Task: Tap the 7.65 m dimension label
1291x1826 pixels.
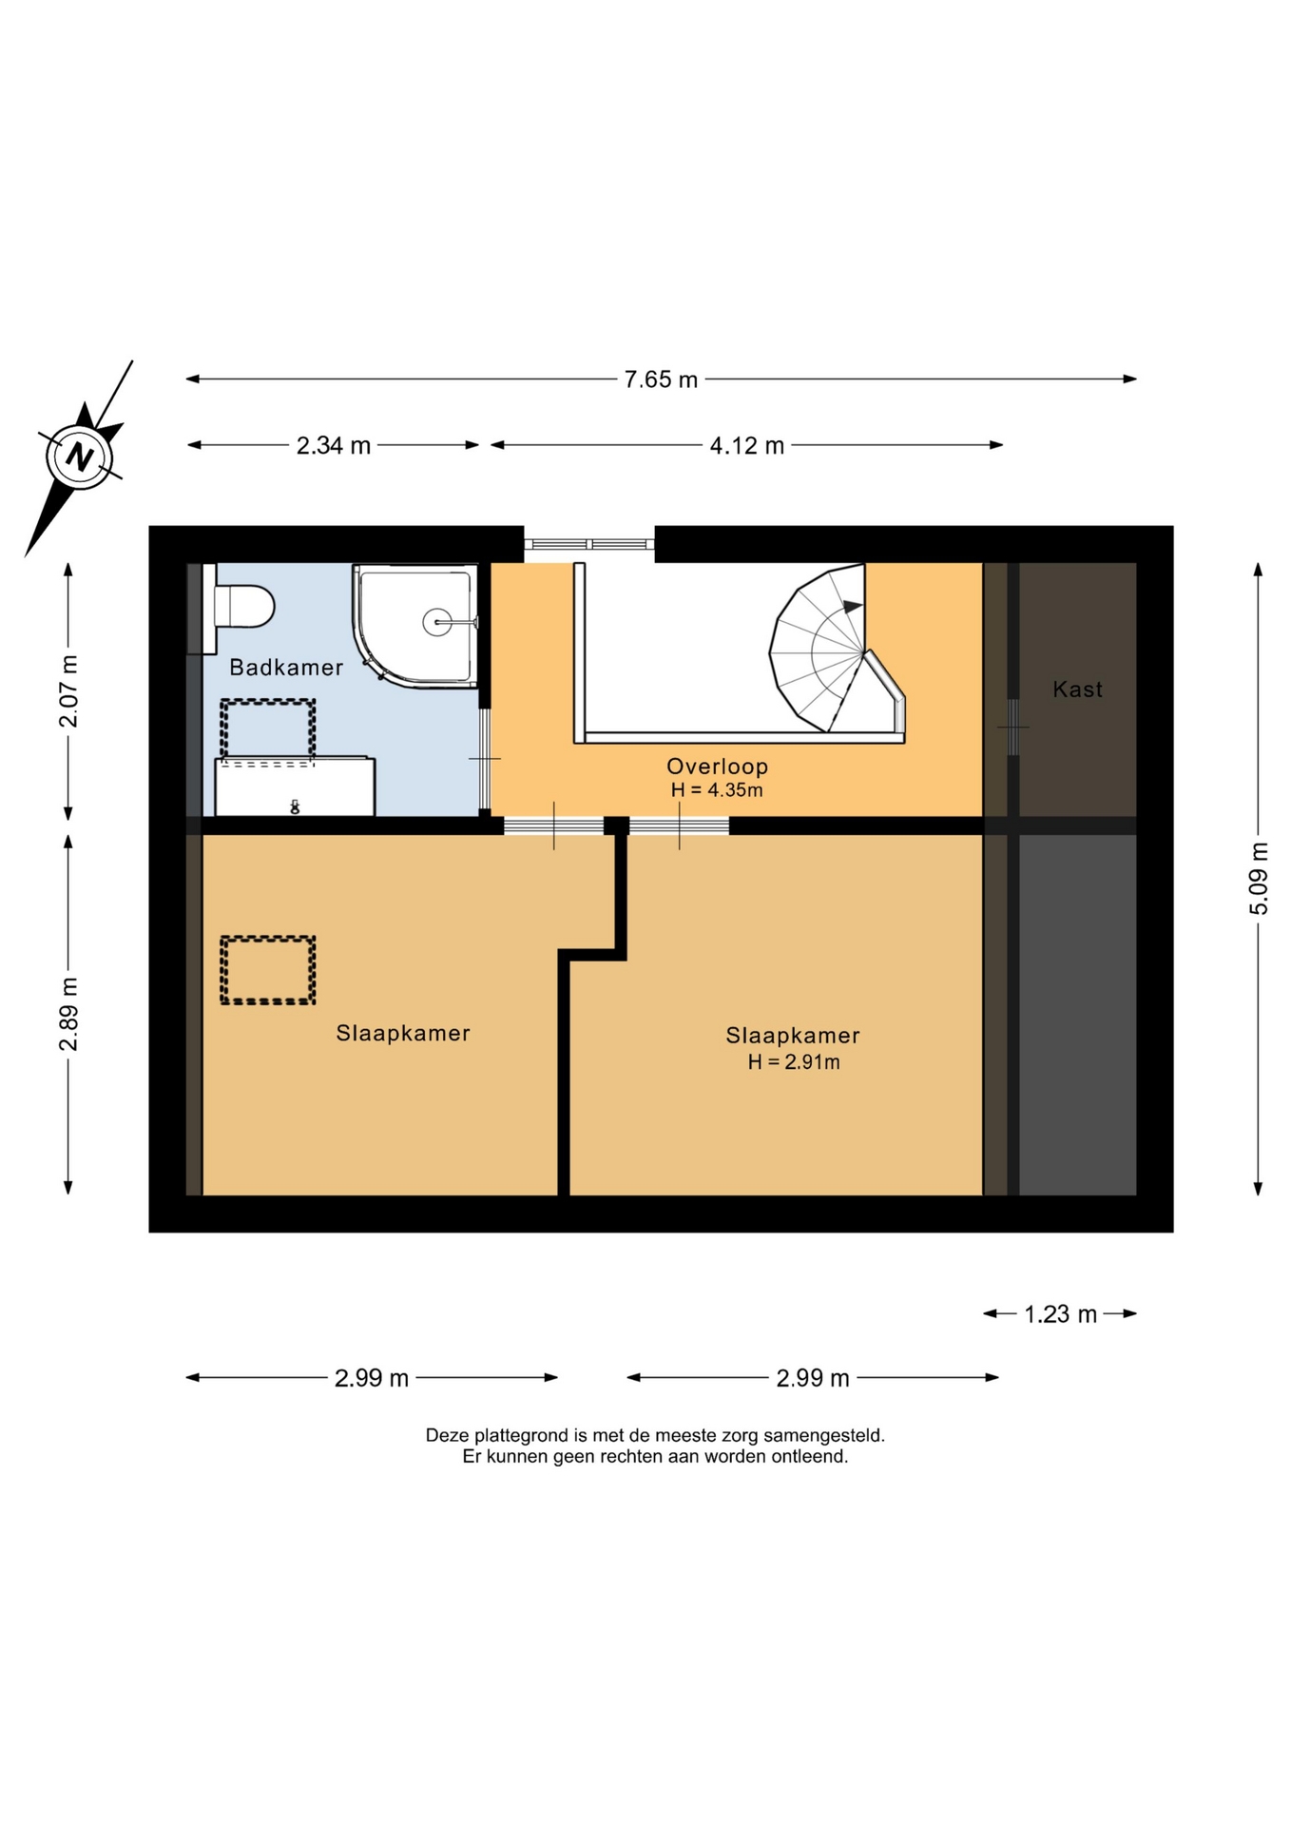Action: pyautogui.click(x=661, y=379)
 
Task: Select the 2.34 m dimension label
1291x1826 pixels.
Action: pyautogui.click(x=334, y=445)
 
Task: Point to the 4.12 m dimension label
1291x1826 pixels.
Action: pyautogui.click(x=747, y=445)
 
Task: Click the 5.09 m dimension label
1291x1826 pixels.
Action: pyautogui.click(x=1258, y=878)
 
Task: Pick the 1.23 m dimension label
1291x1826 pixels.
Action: pyautogui.click(x=1060, y=1313)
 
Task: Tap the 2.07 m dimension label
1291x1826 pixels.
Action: pyautogui.click(x=68, y=690)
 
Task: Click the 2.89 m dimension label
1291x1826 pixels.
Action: pyautogui.click(x=68, y=1014)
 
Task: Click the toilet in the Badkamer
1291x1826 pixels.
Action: pyautogui.click(x=239, y=607)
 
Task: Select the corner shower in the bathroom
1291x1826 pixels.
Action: pyautogui.click(x=416, y=625)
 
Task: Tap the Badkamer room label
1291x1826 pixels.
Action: pyautogui.click(x=286, y=668)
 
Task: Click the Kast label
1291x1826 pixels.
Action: pyautogui.click(x=1077, y=689)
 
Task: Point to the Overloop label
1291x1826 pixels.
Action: pyautogui.click(x=717, y=766)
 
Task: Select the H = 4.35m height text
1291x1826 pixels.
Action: pyautogui.click(x=717, y=790)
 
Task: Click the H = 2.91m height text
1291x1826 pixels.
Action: pyautogui.click(x=794, y=1062)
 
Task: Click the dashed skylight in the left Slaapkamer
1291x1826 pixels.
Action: pyautogui.click(x=268, y=970)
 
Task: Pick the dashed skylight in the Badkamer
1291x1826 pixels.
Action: pyautogui.click(x=268, y=730)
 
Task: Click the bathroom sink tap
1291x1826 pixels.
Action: pyautogui.click(x=295, y=807)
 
